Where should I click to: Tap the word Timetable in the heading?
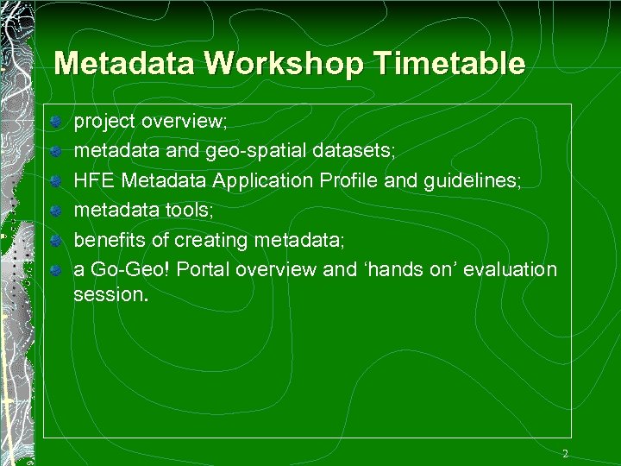coord(454,65)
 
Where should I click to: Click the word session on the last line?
coord(110,293)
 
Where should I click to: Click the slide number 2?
coord(565,454)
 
